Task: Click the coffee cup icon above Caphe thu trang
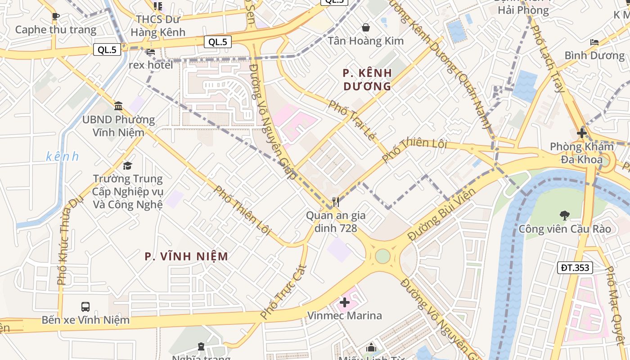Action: click(55, 17)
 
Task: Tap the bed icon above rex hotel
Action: click(150, 52)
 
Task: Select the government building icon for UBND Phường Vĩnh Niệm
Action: click(118, 106)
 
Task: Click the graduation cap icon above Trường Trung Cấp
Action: click(128, 166)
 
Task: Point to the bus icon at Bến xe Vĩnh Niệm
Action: click(85, 307)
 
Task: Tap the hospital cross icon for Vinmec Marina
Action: click(345, 302)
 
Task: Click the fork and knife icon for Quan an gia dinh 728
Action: click(335, 202)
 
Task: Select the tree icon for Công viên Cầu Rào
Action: click(564, 216)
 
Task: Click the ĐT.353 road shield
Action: click(575, 268)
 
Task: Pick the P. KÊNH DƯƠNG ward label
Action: click(367, 79)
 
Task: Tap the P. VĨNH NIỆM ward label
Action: click(186, 256)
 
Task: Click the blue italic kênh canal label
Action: click(63, 157)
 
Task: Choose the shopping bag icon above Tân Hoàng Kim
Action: click(366, 27)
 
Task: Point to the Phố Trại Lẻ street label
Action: click(351, 120)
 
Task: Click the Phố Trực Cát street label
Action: click(283, 292)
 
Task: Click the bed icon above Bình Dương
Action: click(594, 42)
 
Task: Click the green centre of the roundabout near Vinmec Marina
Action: click(382, 256)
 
